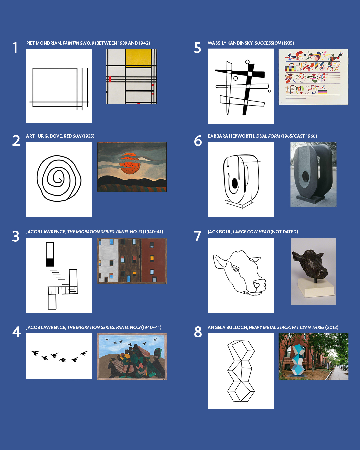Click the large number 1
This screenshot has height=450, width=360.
pos(15,47)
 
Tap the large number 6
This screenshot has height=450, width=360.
pos(198,141)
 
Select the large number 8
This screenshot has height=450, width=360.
pos(198,332)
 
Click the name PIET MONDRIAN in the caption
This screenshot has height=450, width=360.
pos(44,43)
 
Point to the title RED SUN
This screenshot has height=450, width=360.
pos(72,136)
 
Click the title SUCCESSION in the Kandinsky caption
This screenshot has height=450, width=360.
pos(268,43)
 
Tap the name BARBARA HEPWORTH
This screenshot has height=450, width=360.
pos(231,136)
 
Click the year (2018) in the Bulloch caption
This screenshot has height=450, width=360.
pos(332,327)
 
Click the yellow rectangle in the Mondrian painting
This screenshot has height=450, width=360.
pos(138,57)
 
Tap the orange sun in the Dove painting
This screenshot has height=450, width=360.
pos(130,163)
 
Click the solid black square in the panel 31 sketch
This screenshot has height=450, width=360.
pos(50,262)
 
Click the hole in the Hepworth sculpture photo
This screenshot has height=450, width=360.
pos(305,177)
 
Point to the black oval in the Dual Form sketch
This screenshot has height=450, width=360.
pos(235,183)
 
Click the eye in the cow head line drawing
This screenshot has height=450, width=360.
pos(236,269)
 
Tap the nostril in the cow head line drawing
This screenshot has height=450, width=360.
pos(257,284)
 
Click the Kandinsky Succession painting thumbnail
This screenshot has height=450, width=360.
pos(313,77)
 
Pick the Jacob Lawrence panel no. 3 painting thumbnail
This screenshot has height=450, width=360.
pos(132,357)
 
